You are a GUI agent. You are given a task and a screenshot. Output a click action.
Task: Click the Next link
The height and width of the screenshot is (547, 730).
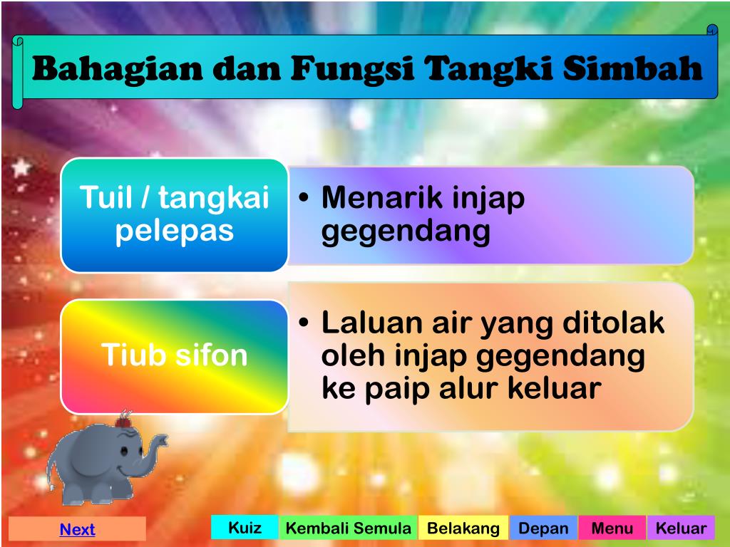point(77,529)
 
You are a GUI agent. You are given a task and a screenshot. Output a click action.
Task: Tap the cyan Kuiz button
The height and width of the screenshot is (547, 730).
point(245,528)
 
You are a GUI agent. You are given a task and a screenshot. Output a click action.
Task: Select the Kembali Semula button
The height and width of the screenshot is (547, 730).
point(348,528)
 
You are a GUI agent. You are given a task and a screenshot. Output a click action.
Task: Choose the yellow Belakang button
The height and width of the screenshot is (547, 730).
point(463,528)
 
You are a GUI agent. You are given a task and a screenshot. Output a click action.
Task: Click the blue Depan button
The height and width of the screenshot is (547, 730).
point(543,528)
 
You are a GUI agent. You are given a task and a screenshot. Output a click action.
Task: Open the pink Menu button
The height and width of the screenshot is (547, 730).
point(612,528)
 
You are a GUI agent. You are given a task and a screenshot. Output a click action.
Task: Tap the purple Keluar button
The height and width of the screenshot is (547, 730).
point(681,528)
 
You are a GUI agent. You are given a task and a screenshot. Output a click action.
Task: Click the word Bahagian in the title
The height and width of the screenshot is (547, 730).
point(114,69)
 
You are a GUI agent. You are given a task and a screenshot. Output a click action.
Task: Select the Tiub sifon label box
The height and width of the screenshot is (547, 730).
point(175,355)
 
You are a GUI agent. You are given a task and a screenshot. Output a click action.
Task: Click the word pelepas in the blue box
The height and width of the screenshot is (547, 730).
point(175,231)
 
